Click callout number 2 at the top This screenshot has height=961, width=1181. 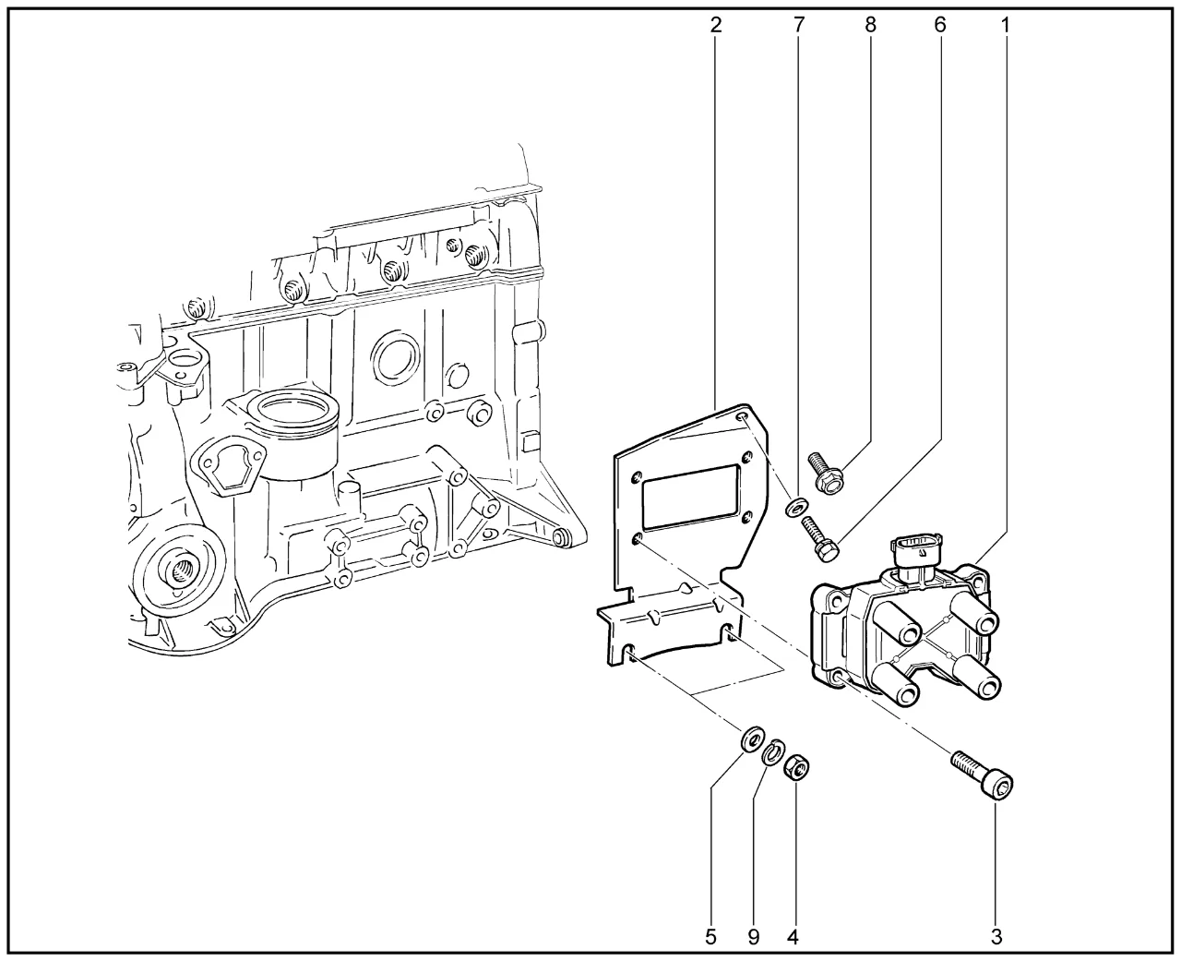tap(716, 25)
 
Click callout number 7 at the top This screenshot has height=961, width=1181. tap(798, 25)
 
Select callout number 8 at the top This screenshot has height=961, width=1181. tap(870, 25)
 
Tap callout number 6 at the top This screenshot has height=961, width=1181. tap(939, 25)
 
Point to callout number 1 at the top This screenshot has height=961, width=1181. tap(1005, 25)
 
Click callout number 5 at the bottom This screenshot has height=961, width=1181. tap(710, 936)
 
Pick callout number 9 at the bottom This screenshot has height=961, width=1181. tap(753, 936)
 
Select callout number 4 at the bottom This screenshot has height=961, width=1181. tap(793, 936)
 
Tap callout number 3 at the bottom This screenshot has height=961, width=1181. tap(996, 936)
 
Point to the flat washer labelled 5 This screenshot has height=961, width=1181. tap(752, 739)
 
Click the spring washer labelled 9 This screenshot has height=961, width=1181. tap(775, 751)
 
